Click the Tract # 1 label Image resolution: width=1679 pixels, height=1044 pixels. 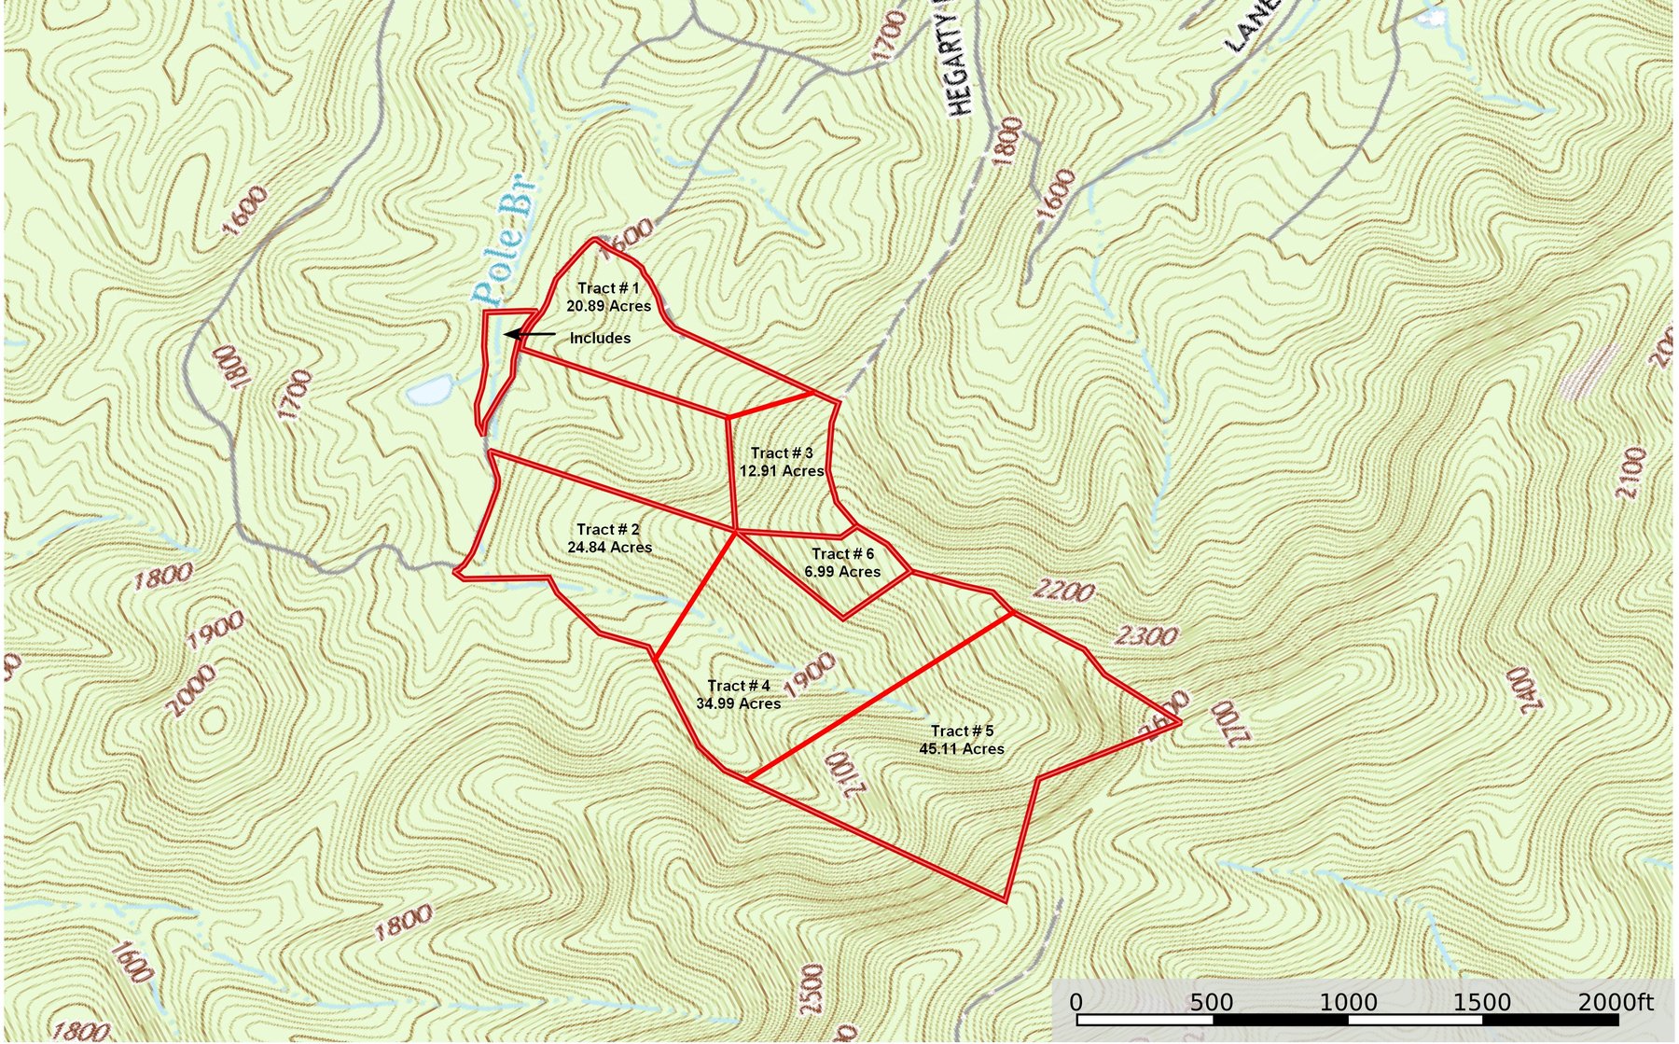tap(608, 288)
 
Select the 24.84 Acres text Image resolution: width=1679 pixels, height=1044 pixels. tap(609, 548)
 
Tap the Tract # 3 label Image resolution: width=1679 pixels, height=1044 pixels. tap(782, 453)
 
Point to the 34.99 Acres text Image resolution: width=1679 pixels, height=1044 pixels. tap(738, 703)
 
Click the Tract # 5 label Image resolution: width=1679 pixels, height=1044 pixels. tap(962, 731)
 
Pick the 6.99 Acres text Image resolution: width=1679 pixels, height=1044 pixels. tap(842, 572)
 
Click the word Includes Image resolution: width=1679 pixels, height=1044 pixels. tap(600, 339)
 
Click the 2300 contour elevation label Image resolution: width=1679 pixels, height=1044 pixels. tap(1146, 637)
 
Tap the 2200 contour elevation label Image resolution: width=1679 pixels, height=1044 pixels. tap(1063, 592)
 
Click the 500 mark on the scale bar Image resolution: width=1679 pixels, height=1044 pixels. tap(1212, 1003)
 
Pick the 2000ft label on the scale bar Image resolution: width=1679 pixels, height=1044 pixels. tap(1616, 1003)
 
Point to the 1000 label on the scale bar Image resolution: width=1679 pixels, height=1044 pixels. tap(1348, 1003)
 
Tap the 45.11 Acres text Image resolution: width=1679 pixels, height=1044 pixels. tap(962, 749)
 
